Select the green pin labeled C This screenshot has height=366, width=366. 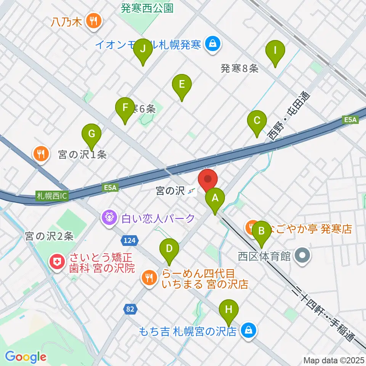[x=257, y=121]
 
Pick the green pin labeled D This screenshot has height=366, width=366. [x=169, y=249]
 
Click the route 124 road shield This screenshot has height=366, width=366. [x=128, y=240]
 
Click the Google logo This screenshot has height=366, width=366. [x=26, y=356]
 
